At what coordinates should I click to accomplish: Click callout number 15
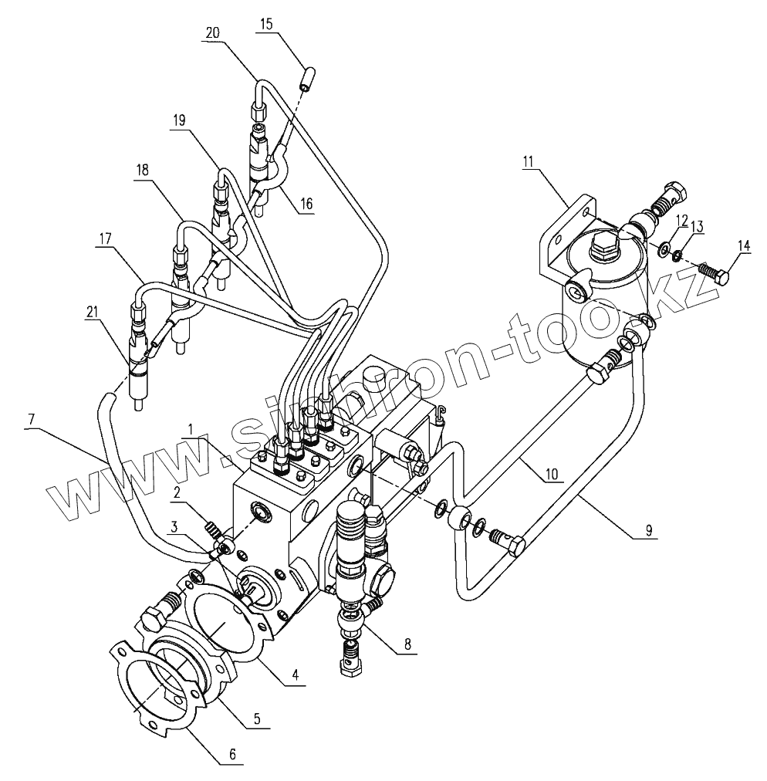click(x=266, y=25)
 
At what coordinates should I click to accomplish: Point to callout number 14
click(x=743, y=245)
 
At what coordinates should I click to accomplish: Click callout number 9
click(x=649, y=530)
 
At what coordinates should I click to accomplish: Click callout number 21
click(x=92, y=311)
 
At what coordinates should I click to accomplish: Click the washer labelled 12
click(x=663, y=250)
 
